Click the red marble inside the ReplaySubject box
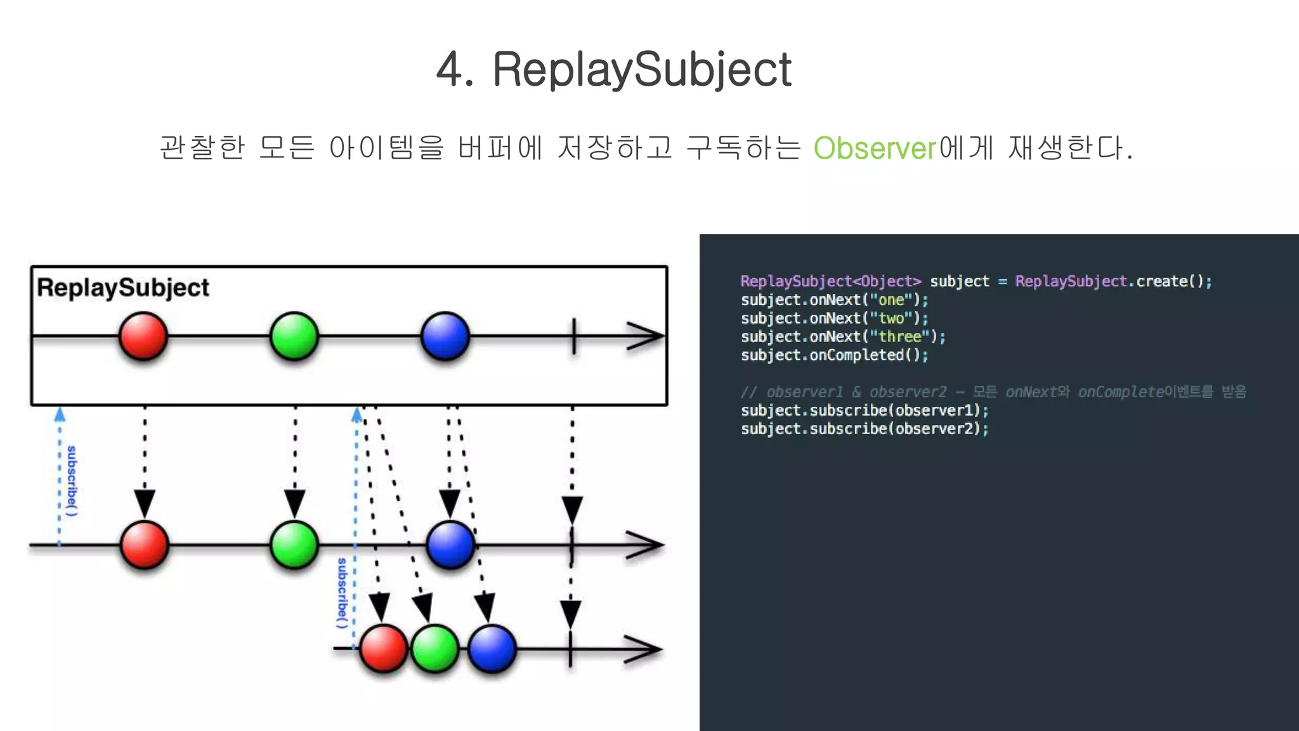pyautogui.click(x=143, y=336)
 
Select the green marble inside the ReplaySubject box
pyautogui.click(x=294, y=336)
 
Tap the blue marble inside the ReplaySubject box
pyautogui.click(x=445, y=336)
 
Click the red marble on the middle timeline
pyautogui.click(x=145, y=545)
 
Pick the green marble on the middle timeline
pyautogui.click(x=294, y=545)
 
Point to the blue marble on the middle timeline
pyautogui.click(x=450, y=545)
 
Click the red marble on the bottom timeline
pyautogui.click(x=383, y=649)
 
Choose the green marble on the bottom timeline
pyautogui.click(x=435, y=649)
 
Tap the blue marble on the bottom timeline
pyautogui.click(x=492, y=649)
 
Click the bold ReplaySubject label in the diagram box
pyautogui.click(x=123, y=288)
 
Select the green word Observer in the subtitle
pyautogui.click(x=875, y=148)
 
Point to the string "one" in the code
pyautogui.click(x=891, y=300)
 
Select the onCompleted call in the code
pyautogui.click(x=856, y=355)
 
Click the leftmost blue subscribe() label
pyautogui.click(x=72, y=480)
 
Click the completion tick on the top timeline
pyautogui.click(x=574, y=336)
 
